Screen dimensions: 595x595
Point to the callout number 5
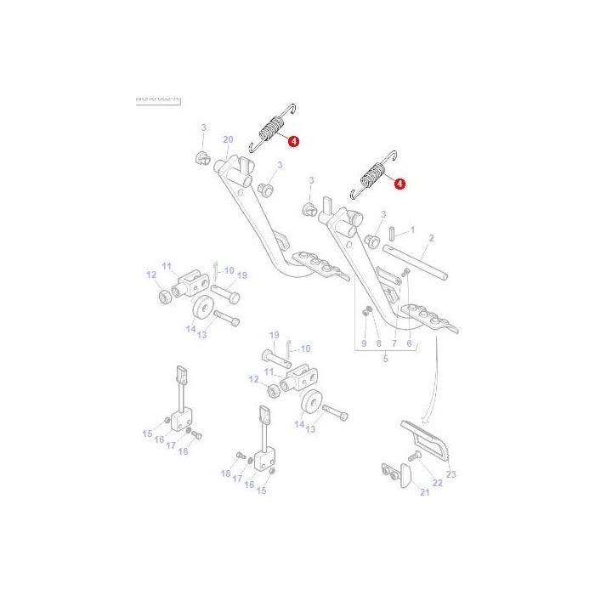click(x=384, y=360)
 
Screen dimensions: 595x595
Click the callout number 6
click(x=409, y=343)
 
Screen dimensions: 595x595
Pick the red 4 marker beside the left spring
click(x=293, y=142)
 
